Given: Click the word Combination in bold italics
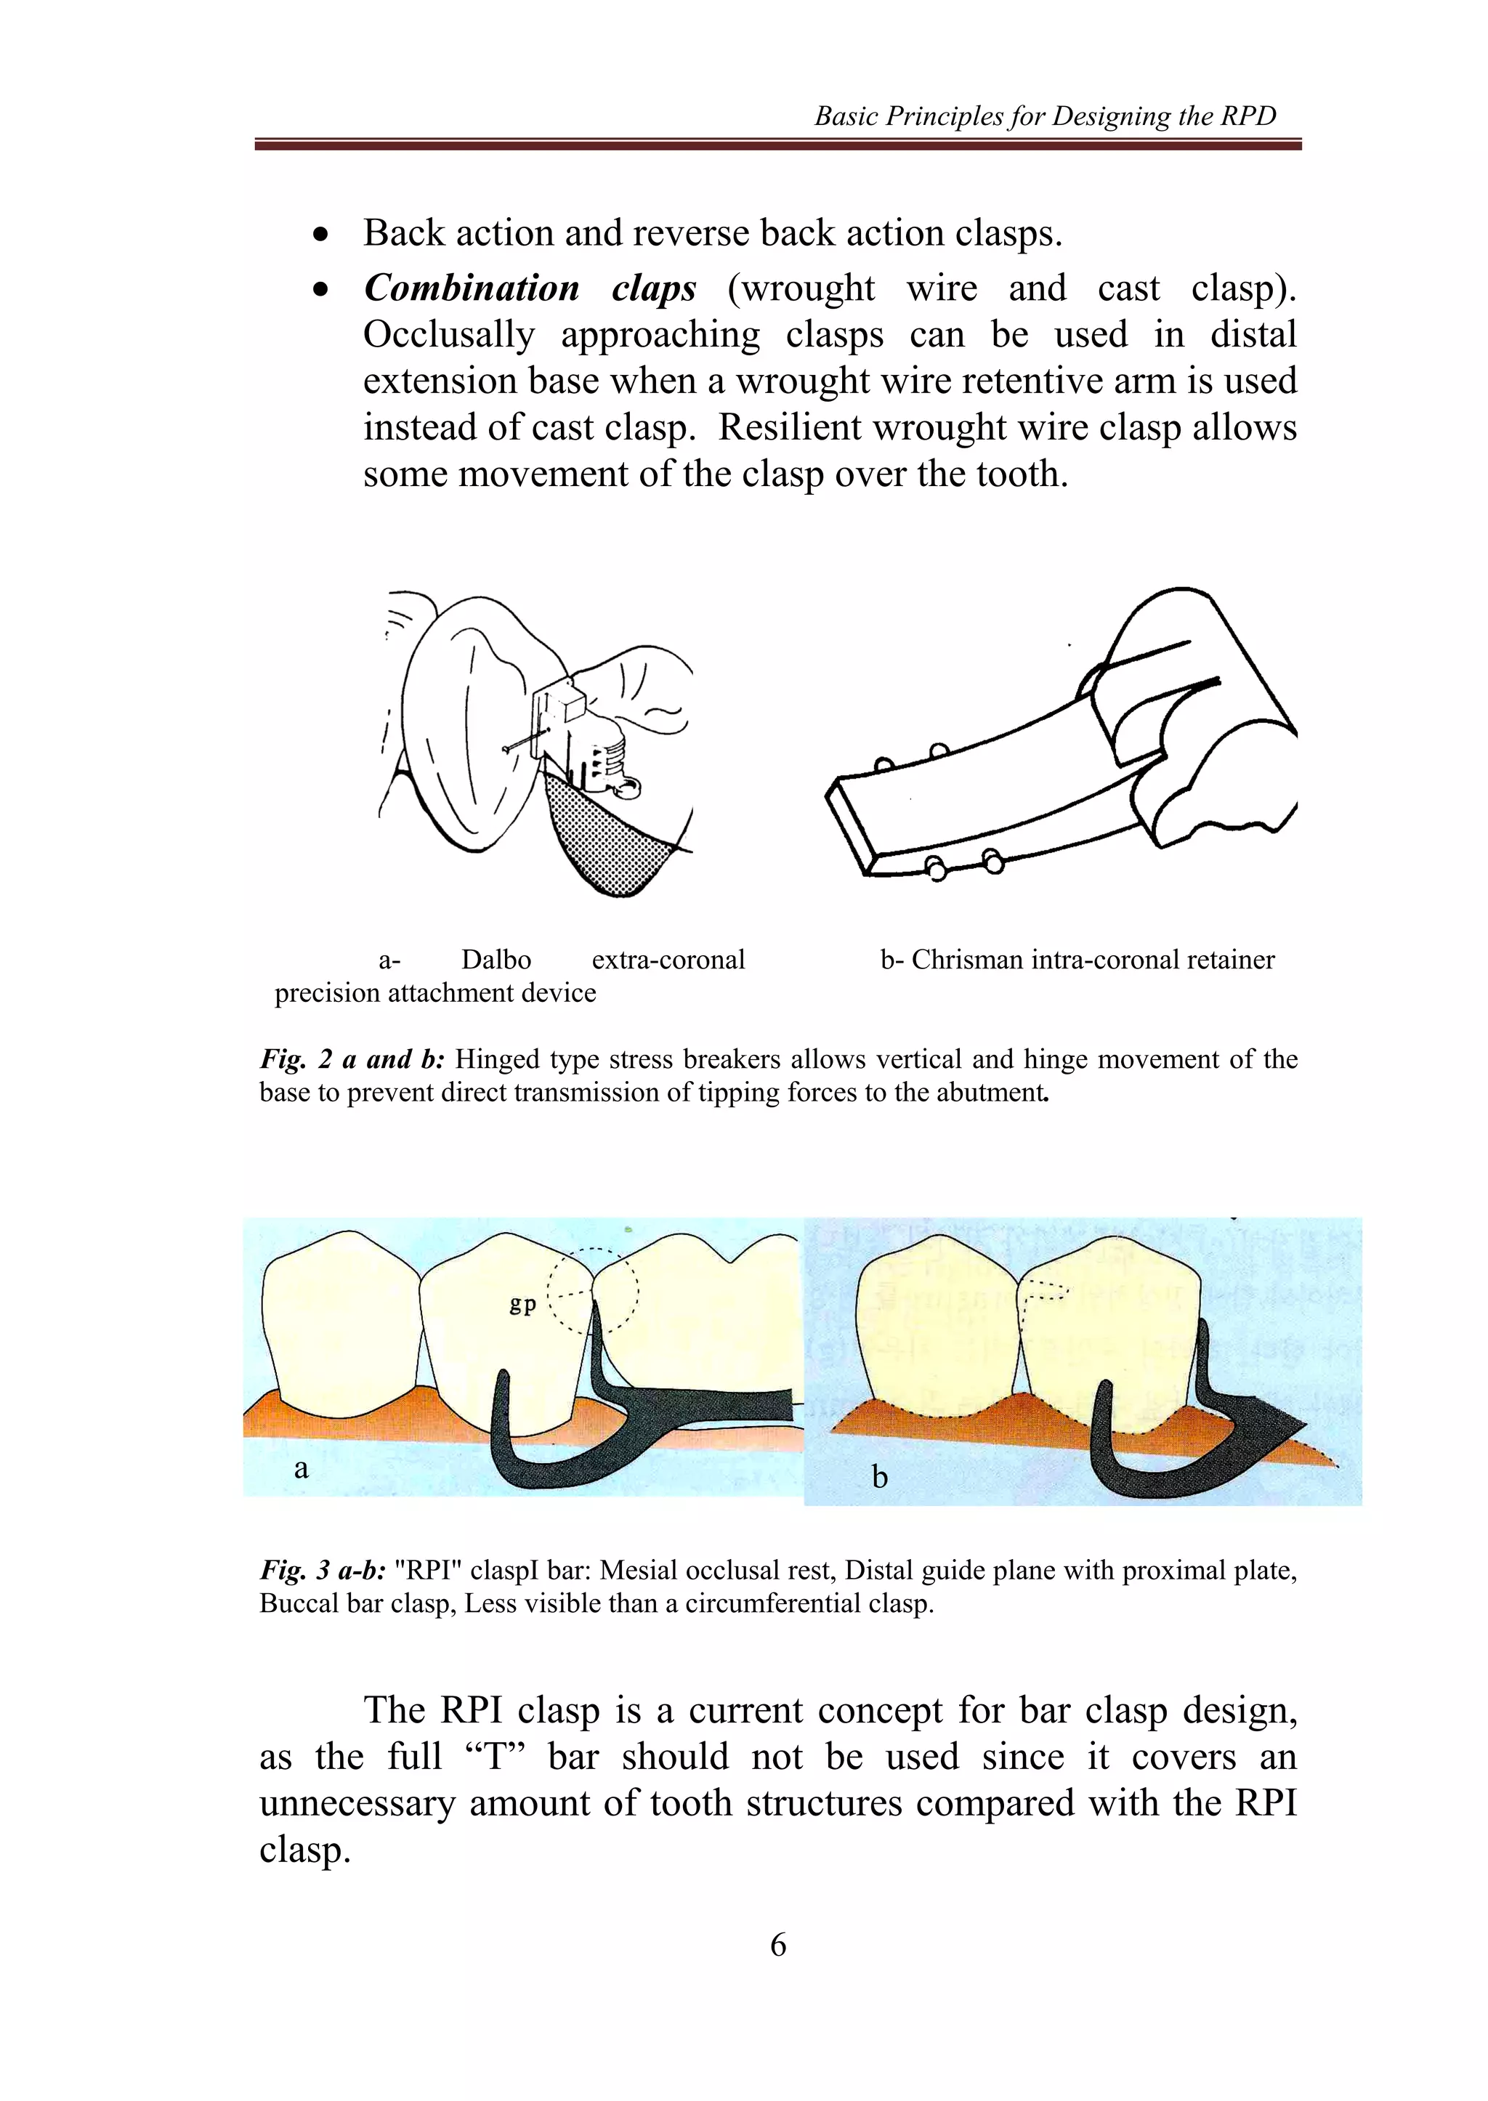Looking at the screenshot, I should tap(471, 288).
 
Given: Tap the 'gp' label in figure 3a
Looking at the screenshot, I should tap(522, 1304).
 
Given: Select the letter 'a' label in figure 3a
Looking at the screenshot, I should tap(302, 1470).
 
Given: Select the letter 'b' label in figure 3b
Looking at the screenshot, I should tap(880, 1477).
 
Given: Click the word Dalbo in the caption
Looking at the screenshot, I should tap(496, 960).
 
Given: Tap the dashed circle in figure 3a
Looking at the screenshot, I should tap(593, 1290).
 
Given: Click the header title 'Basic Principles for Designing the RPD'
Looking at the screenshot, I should tap(1045, 116).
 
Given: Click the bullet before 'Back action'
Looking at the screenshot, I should tap(320, 235).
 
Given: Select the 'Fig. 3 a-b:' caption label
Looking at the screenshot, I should tap(323, 1571).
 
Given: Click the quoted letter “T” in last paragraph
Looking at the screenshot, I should tap(494, 1757).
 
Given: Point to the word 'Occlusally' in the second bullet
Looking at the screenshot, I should tap(448, 336).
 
